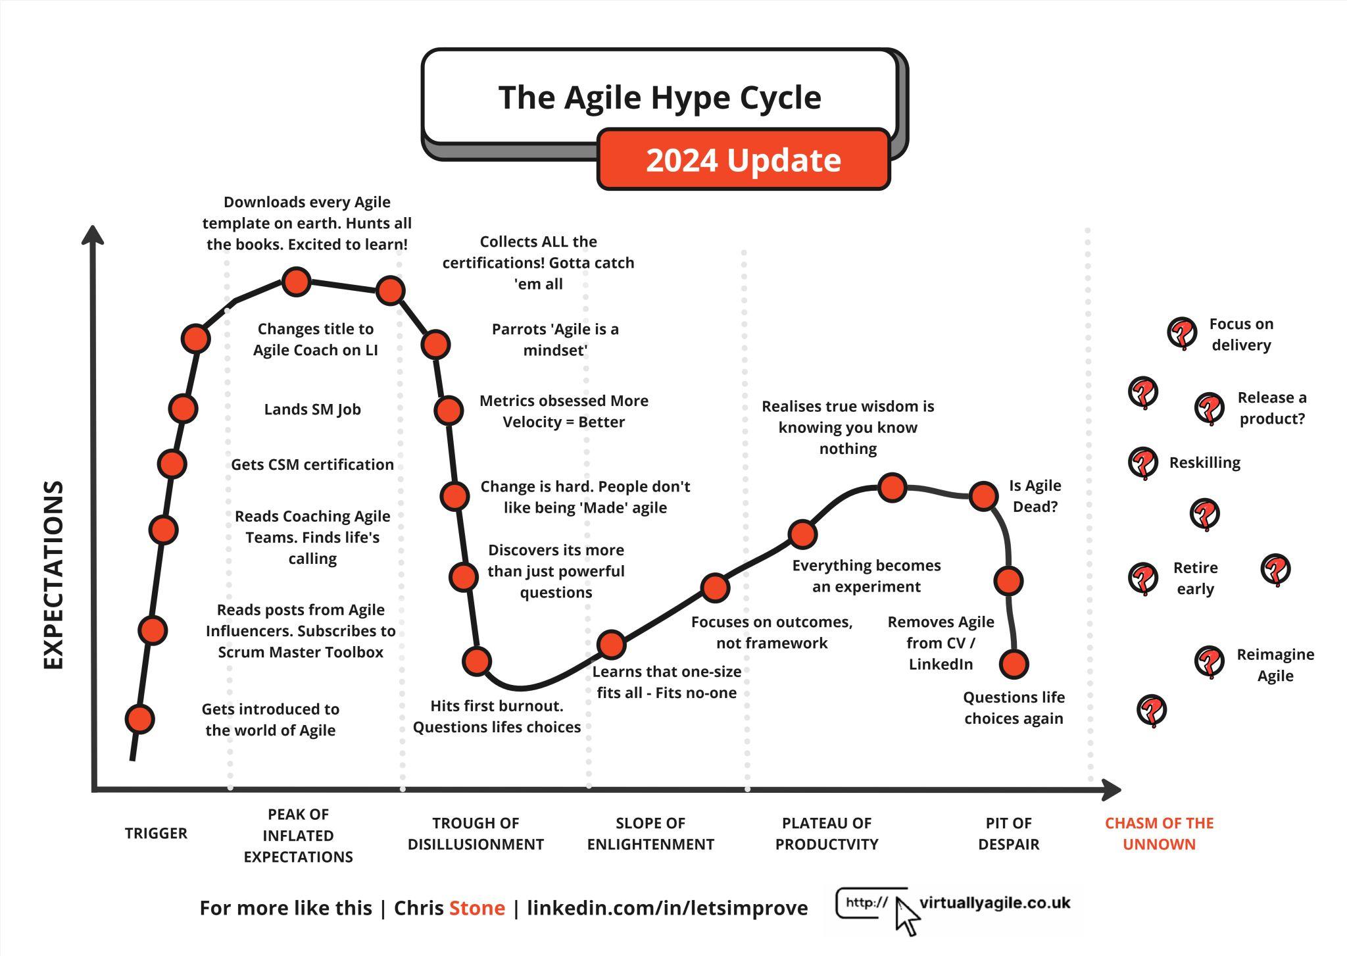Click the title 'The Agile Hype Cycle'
point(660,97)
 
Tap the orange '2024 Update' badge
point(744,160)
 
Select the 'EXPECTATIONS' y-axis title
point(54,574)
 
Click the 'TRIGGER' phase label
point(156,833)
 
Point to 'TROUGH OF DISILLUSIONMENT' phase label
point(476,833)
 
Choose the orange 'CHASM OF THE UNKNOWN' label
point(1159,833)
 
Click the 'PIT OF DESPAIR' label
point(1008,833)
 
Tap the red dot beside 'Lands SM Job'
point(183,409)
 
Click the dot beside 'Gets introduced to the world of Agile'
point(139,719)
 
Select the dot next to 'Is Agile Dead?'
point(983,496)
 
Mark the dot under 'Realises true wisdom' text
point(892,488)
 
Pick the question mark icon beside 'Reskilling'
point(1143,463)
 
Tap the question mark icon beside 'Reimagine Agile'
point(1209,662)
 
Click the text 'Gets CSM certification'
point(312,465)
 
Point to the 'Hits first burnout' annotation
point(497,717)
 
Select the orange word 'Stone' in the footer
point(478,908)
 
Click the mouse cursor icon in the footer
point(907,915)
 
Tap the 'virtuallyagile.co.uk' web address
point(994,903)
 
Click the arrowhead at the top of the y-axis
point(93,235)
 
